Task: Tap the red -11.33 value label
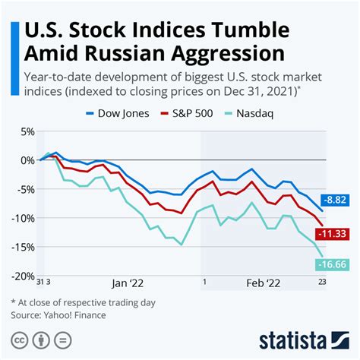(333, 234)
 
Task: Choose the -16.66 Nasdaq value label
(333, 264)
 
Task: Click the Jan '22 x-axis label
(128, 283)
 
